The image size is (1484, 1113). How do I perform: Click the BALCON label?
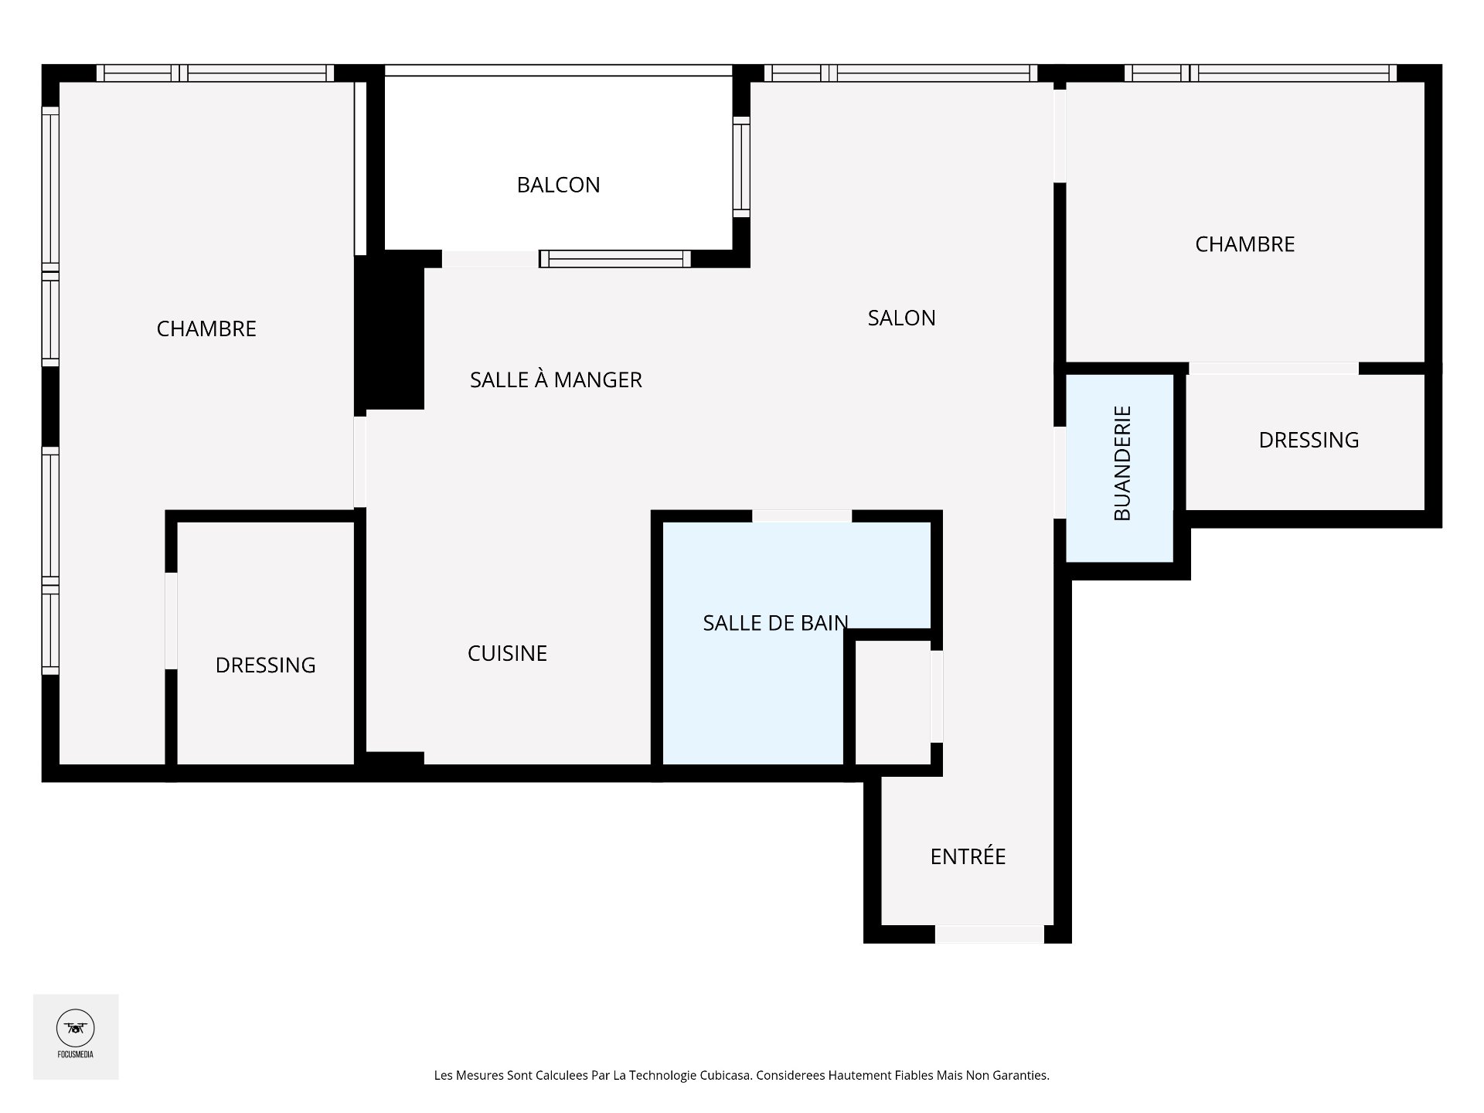pos(558,185)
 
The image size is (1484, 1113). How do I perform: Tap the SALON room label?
pos(901,318)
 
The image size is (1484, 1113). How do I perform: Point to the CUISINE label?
pos(507,653)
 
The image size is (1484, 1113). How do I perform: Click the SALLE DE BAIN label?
pos(775,622)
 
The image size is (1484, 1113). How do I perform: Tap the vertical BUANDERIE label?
pos(1122,463)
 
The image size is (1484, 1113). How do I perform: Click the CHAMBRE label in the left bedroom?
pos(206,328)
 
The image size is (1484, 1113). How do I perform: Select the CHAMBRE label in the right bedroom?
pos(1244,244)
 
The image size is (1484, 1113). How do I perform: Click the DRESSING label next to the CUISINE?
pos(265,665)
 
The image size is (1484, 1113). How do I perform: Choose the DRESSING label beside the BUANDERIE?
pos(1309,440)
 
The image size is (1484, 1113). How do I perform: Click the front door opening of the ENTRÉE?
pos(989,934)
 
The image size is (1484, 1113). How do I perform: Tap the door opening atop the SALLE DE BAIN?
pos(802,516)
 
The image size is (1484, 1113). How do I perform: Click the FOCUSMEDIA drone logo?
pos(76,1029)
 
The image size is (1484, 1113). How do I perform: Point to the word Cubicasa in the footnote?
pos(725,1075)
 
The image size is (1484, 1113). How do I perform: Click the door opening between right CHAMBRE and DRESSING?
pos(1274,368)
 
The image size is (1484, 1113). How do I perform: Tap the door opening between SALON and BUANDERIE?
pos(1060,472)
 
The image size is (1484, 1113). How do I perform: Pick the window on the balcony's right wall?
pos(741,167)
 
